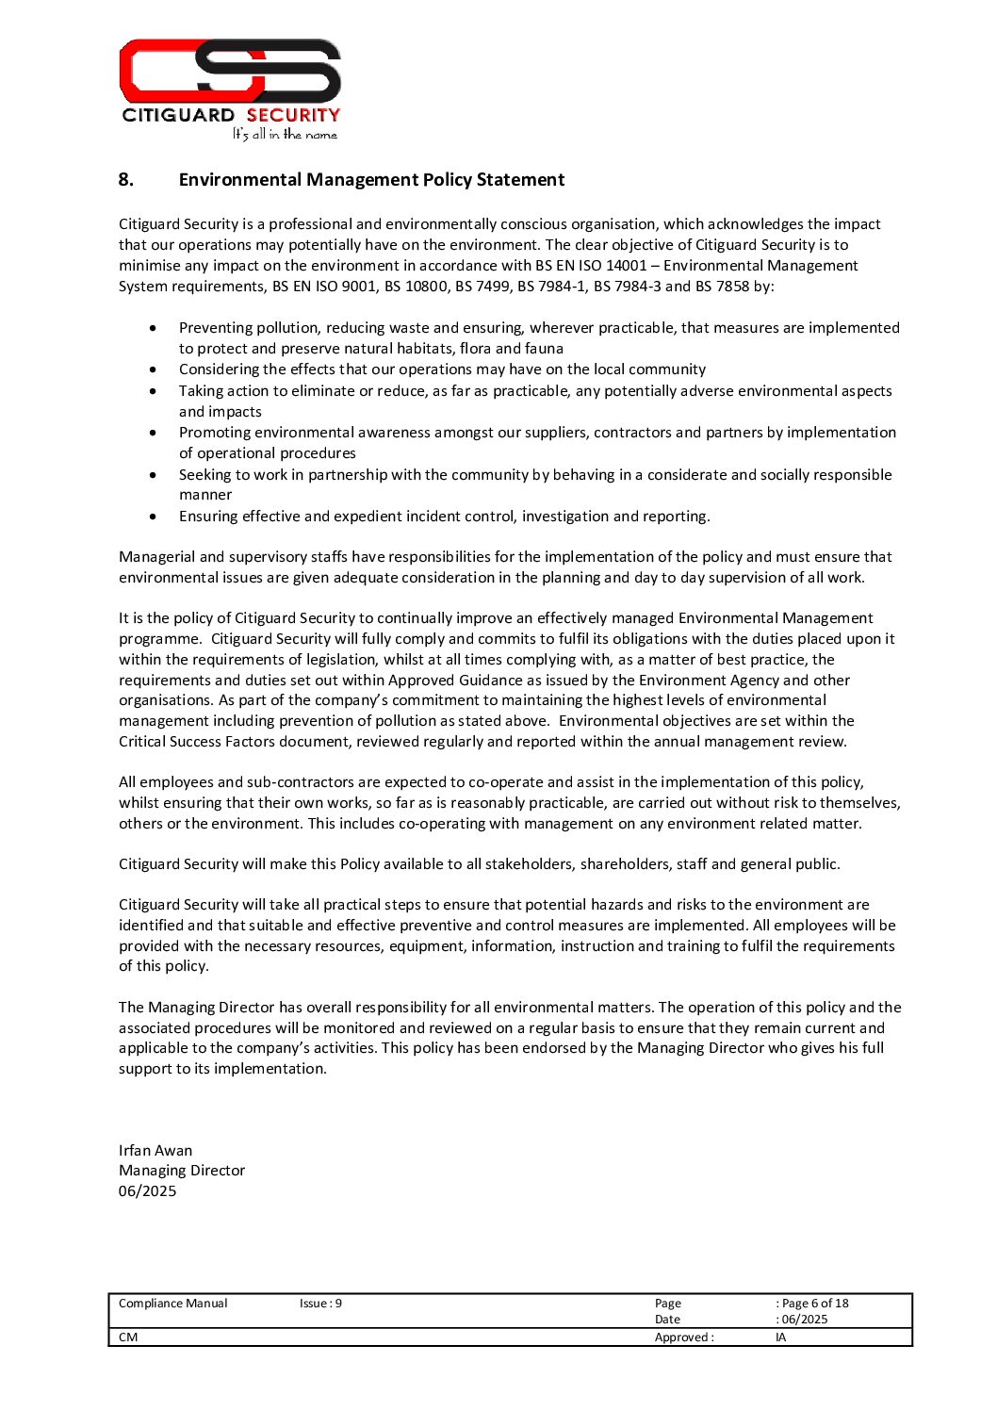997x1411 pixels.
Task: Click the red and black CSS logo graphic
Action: tap(230, 71)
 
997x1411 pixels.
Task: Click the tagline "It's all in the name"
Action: tap(285, 135)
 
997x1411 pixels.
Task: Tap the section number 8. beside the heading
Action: tap(126, 180)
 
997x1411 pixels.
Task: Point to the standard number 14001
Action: tap(626, 266)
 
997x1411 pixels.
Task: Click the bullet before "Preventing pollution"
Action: tap(154, 328)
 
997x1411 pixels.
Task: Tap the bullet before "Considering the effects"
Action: tap(154, 369)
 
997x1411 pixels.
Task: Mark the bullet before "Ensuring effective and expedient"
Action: tap(154, 517)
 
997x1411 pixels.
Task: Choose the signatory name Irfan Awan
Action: tap(155, 1151)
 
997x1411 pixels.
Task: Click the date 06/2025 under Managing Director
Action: tap(148, 1191)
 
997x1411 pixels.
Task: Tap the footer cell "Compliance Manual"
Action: tap(173, 1304)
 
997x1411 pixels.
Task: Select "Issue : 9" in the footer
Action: tap(320, 1304)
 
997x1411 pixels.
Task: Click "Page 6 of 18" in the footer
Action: tap(815, 1304)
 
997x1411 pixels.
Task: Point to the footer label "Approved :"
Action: tap(684, 1337)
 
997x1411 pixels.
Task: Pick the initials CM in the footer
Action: tap(128, 1337)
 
